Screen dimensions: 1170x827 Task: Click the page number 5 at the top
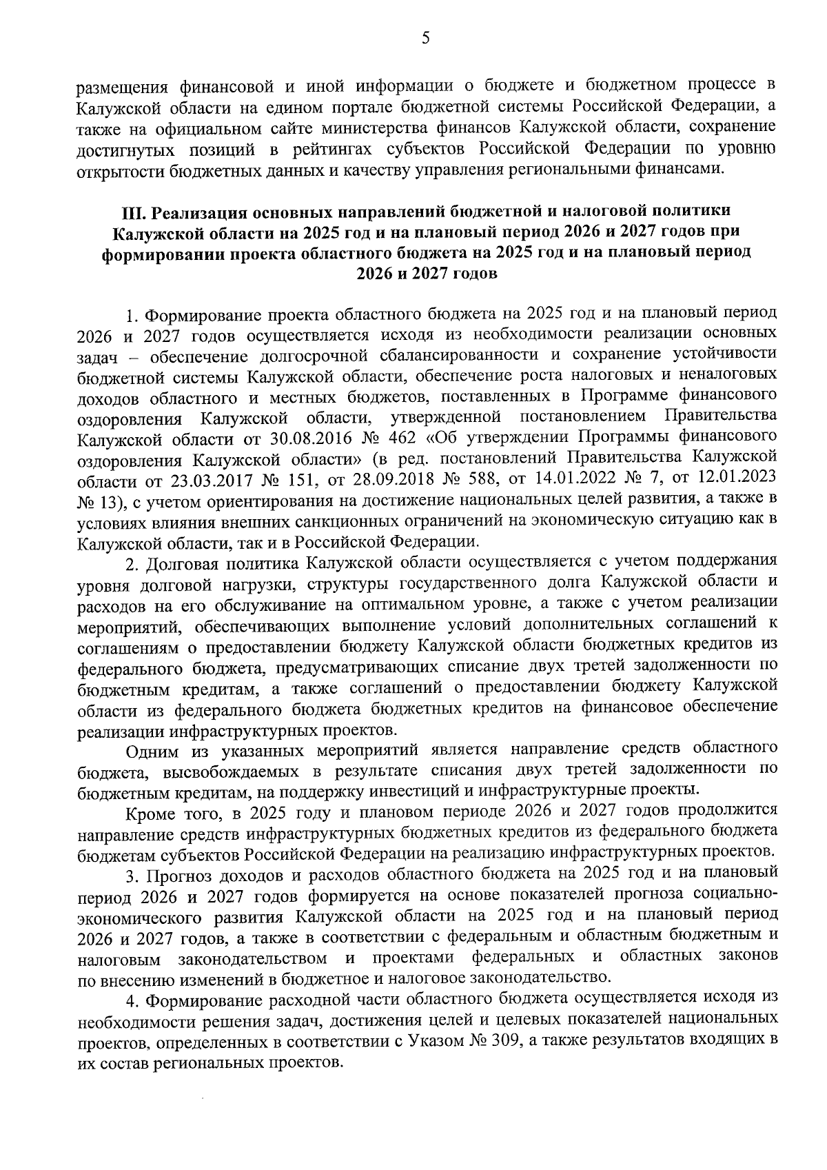click(425, 39)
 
